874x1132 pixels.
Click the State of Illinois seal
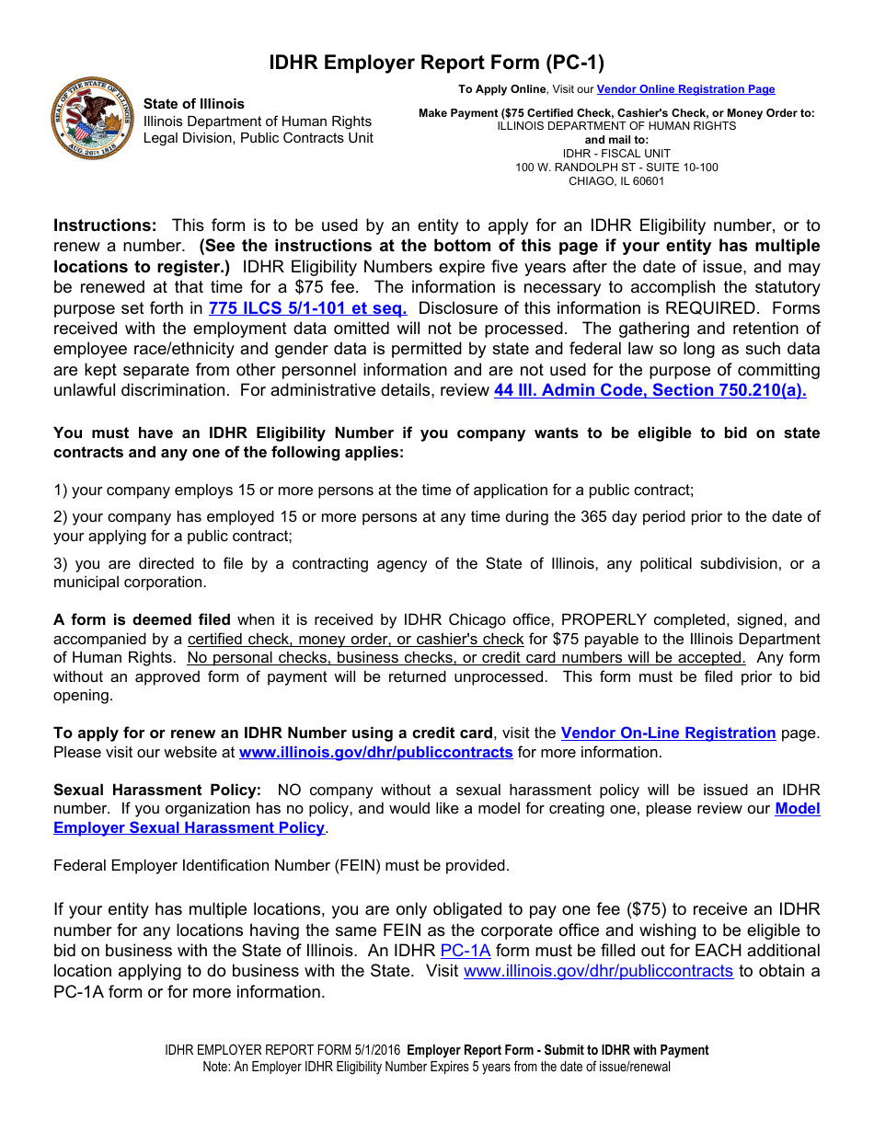(90, 119)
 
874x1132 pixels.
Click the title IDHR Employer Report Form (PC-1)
(436, 63)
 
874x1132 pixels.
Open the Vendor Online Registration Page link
(685, 89)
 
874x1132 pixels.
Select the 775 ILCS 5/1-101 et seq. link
(307, 308)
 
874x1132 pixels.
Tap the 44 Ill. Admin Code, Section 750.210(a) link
(650, 389)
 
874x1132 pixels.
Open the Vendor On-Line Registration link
(668, 733)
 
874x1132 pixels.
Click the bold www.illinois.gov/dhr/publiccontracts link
(375, 752)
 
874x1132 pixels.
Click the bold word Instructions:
(105, 225)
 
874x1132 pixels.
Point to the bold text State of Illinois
(194, 104)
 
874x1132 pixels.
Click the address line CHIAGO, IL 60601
(616, 181)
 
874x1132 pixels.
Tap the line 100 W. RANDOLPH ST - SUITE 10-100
(616, 167)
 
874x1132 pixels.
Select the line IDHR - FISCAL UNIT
(616, 154)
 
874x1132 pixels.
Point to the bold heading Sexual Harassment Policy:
(157, 790)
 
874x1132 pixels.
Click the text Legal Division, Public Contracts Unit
(258, 138)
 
